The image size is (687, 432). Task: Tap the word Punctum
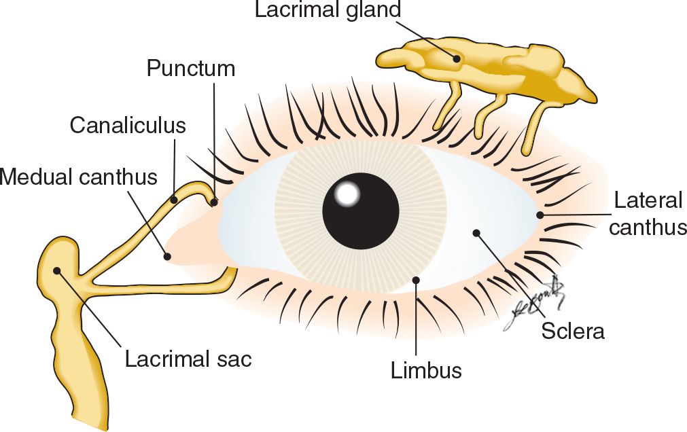[x=191, y=69]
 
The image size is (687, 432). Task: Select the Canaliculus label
[x=128, y=126]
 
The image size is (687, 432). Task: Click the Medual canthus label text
[x=79, y=177]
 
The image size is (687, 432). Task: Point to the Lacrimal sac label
[x=188, y=358]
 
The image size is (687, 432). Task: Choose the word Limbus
[x=426, y=370]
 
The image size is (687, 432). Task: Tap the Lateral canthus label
[x=648, y=213]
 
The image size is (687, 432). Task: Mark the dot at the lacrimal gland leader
[x=458, y=58]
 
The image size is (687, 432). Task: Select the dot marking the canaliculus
[x=175, y=200]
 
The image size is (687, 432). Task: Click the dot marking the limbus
[x=416, y=279]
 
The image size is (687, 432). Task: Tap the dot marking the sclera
[x=476, y=233]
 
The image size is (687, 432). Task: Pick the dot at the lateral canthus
[x=540, y=215]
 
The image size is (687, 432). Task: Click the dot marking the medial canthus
[x=167, y=256]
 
